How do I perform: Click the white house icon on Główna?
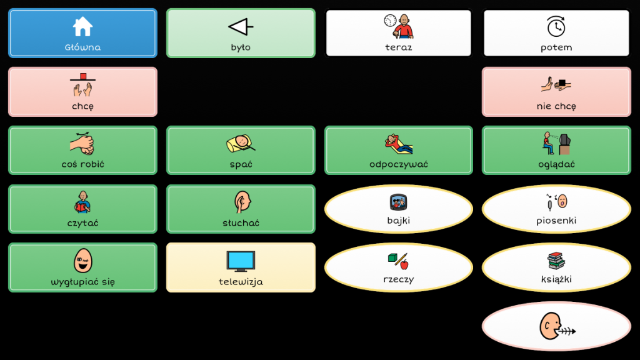tap(82, 27)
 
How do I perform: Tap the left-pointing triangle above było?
tap(240, 27)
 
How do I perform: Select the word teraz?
tap(399, 47)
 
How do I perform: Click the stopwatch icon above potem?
tap(556, 26)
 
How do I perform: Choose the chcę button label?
tap(82, 106)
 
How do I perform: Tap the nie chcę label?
tap(556, 106)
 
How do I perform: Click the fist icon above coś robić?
tap(82, 144)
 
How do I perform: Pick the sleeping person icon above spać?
tap(240, 144)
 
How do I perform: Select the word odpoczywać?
tap(399, 165)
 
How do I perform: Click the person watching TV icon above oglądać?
tap(556, 144)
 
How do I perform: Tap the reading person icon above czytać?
tap(82, 202)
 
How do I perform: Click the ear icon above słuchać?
tap(241, 202)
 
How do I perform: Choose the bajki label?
tap(399, 221)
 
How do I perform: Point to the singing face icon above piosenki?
tap(556, 202)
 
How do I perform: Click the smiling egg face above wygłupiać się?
tap(82, 260)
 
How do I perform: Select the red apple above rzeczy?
tap(404, 264)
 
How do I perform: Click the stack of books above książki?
tap(556, 261)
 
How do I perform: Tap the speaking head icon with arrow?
tap(556, 326)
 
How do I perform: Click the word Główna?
tap(82, 47)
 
